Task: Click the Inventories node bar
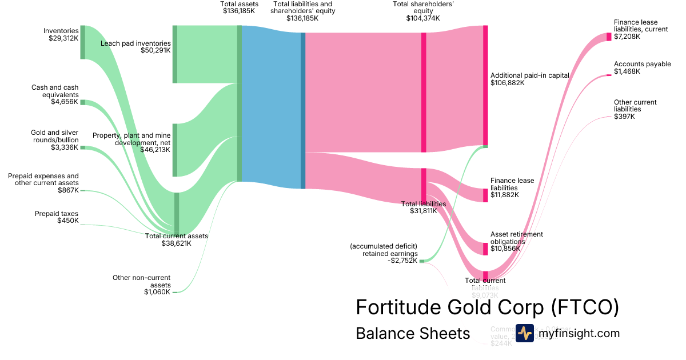(x=83, y=42)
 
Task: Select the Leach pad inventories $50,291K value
(x=155, y=50)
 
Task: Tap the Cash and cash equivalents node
(x=82, y=102)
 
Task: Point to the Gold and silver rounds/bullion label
(x=55, y=136)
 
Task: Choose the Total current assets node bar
(x=177, y=214)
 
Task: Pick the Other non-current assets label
(x=142, y=281)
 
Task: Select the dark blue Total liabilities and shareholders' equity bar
(x=303, y=110)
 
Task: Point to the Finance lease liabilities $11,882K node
(x=485, y=195)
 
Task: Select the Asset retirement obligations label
(x=516, y=238)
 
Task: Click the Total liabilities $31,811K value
(x=424, y=211)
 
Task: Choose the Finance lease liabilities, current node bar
(x=609, y=37)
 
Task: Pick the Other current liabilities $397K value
(x=624, y=117)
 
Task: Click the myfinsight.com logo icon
(x=525, y=333)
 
